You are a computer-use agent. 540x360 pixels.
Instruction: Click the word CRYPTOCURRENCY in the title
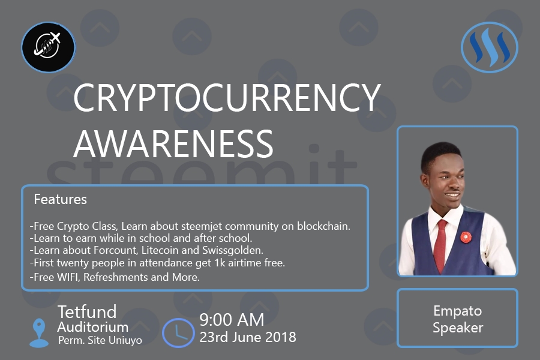227,98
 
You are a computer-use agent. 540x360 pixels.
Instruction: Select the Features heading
60,199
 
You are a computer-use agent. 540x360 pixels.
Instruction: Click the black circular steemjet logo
48,47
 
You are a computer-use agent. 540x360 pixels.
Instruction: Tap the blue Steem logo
490,47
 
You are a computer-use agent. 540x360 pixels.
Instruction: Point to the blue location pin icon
39,332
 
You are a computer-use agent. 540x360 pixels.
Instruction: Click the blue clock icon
178,333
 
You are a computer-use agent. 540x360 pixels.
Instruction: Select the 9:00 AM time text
232,320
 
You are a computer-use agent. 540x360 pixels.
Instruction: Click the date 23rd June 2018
248,337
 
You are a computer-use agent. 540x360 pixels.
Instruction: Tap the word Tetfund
87,312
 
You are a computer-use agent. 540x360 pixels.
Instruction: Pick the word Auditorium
92,327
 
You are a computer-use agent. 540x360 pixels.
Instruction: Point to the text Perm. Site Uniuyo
100,340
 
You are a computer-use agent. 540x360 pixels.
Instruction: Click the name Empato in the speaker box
457,311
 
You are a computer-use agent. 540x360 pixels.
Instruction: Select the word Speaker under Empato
458,328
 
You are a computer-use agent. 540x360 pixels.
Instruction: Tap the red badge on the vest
466,237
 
